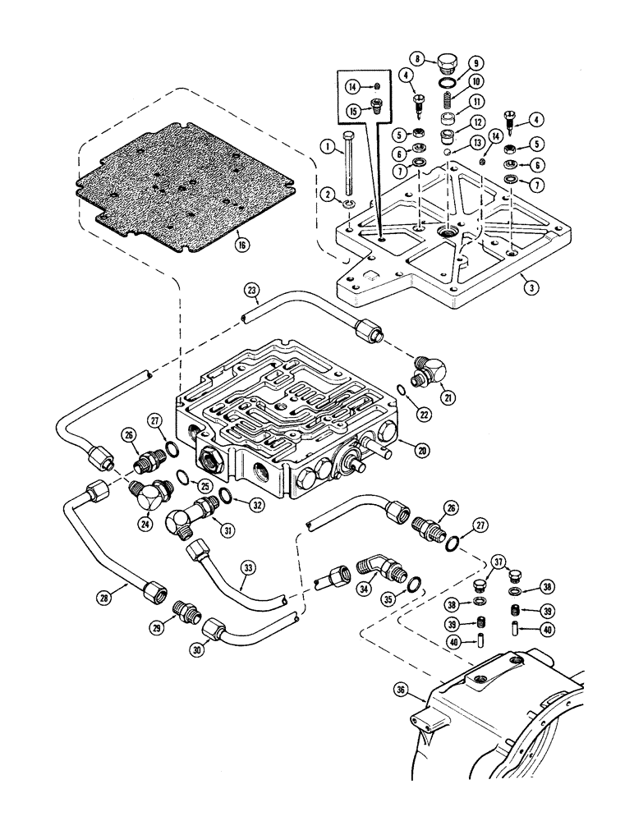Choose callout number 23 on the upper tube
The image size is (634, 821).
click(252, 288)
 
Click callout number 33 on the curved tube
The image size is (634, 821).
click(248, 566)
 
